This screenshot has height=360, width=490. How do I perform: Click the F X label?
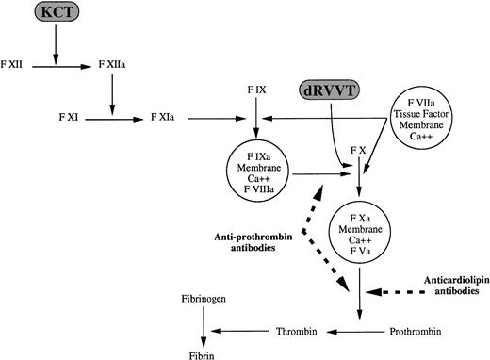(x=358, y=150)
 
